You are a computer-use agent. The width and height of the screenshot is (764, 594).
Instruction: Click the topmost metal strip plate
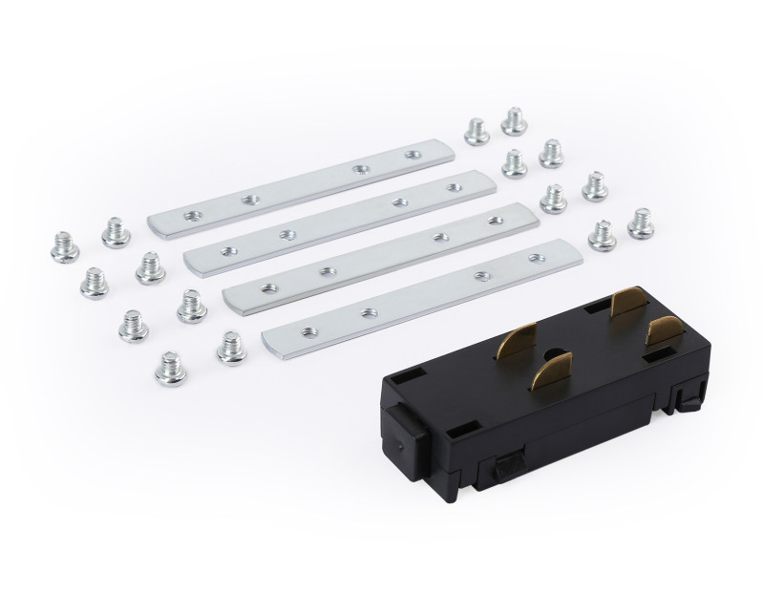(x=286, y=190)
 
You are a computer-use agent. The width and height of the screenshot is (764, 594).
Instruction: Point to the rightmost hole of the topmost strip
(x=413, y=153)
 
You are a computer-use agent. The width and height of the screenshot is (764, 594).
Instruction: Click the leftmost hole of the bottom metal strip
(x=308, y=331)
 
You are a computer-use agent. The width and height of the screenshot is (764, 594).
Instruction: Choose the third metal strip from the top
(x=377, y=254)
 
